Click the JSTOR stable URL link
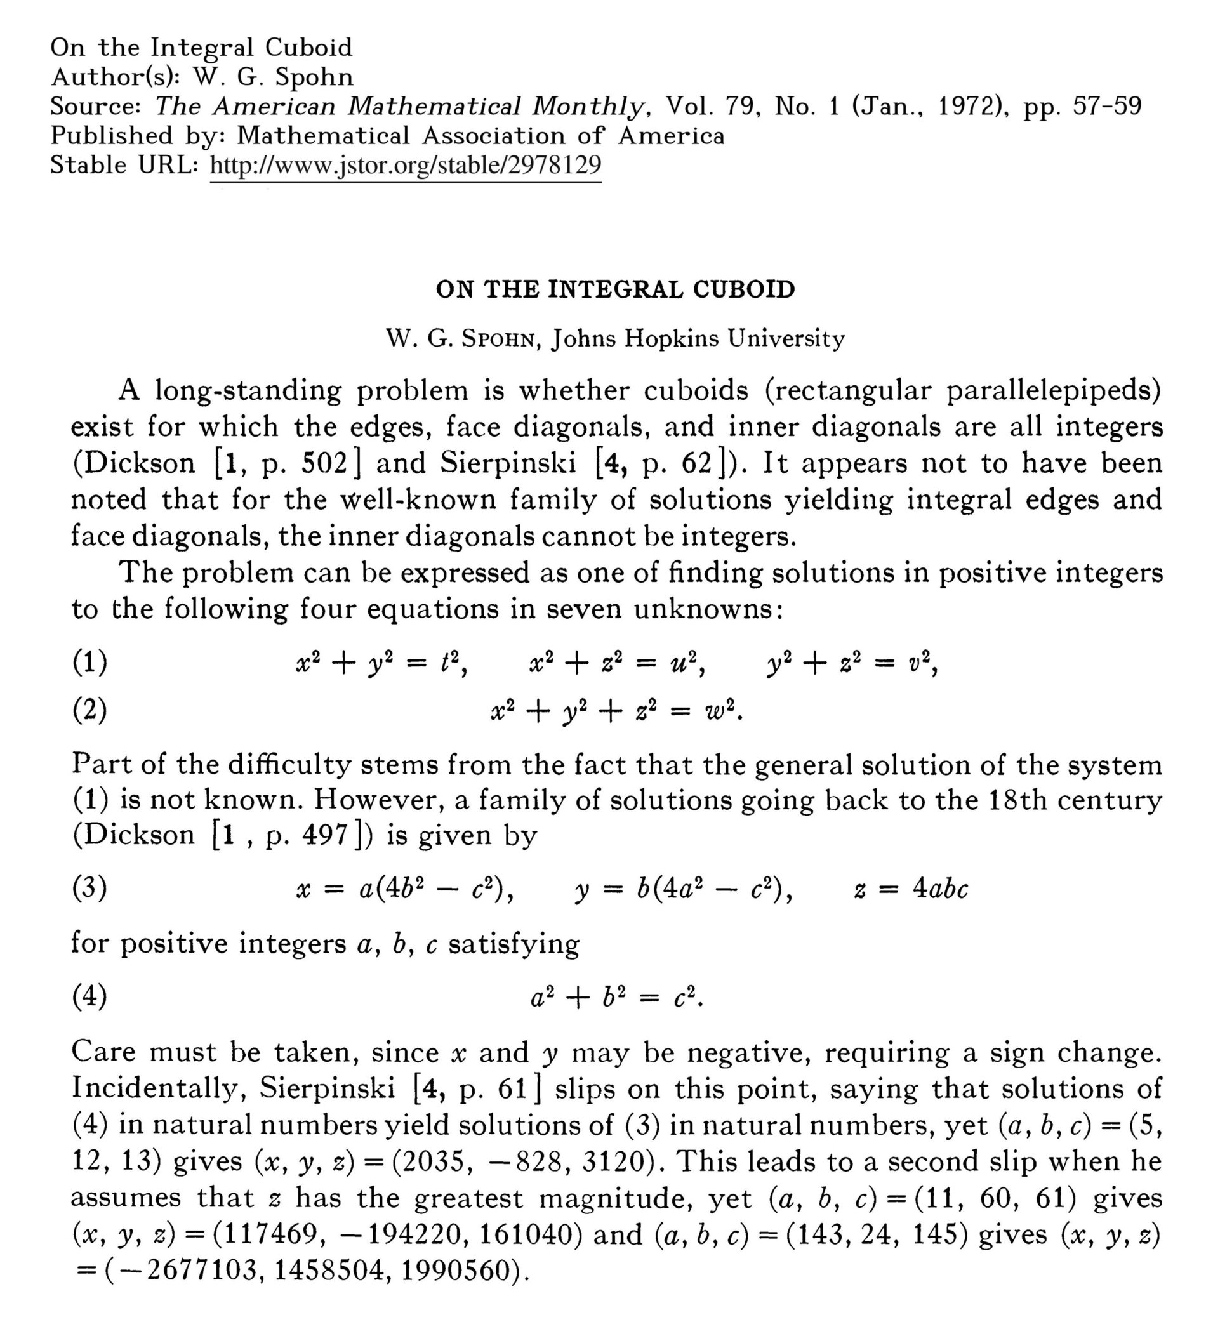405,164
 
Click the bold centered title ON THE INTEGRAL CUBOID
615,289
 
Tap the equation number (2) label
90,710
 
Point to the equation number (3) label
90,889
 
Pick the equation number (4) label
90,998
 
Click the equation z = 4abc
911,889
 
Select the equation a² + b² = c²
616,998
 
